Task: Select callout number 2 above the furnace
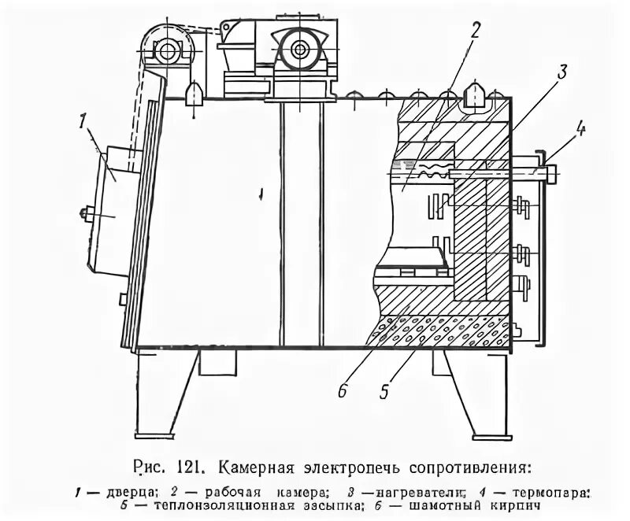click(x=475, y=31)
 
